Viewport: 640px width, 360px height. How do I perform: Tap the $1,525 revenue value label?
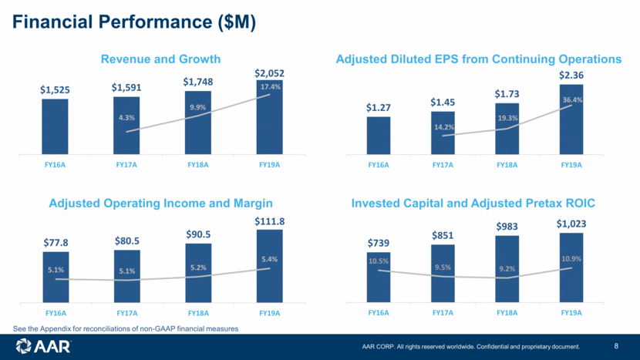pos(55,89)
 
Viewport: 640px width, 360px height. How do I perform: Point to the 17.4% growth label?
pos(270,87)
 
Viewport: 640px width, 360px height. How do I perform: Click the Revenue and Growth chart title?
pos(161,59)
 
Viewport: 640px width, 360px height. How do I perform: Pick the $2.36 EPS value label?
pos(571,75)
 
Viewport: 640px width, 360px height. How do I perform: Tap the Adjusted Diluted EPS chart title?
pos(479,59)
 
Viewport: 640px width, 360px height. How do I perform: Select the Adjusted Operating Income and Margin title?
pos(160,204)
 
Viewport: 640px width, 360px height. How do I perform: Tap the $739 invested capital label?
pos(379,243)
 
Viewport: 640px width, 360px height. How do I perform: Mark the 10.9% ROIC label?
pos(571,258)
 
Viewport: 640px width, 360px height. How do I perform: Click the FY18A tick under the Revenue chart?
pos(198,164)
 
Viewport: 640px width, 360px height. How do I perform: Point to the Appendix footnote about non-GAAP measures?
pos(126,328)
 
